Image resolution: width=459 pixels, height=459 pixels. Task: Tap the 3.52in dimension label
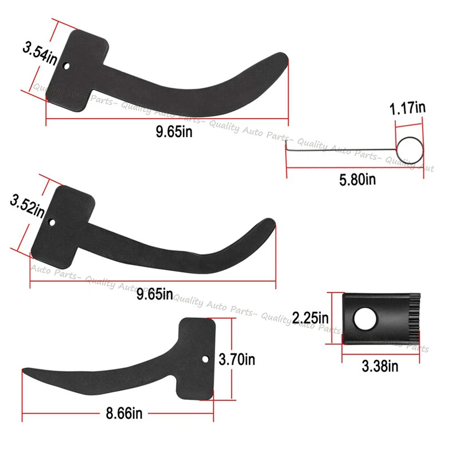pos(28,205)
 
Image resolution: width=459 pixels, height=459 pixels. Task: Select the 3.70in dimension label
pos(237,360)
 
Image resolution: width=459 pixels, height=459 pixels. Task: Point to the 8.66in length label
pos(124,413)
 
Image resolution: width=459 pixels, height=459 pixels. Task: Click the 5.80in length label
pos(357,179)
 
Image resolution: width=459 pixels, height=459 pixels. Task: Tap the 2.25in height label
pos(310,317)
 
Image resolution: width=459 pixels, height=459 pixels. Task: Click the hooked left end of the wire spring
pos(287,147)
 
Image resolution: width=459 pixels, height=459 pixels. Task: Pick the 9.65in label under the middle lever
pos(154,295)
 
